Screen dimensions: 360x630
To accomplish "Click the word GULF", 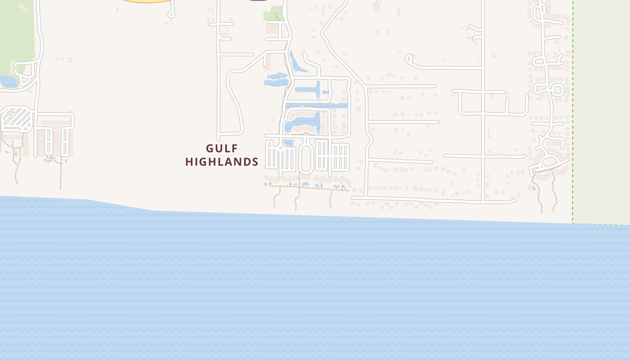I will coord(221,148).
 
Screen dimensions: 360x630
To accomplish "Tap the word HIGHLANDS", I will coord(222,162).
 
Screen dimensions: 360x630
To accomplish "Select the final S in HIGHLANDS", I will coord(255,162).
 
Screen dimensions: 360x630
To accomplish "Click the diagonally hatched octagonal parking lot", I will coord(17,120).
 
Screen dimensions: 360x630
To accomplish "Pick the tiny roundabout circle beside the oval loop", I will coord(280,148).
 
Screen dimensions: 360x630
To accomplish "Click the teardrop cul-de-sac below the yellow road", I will coord(171,14).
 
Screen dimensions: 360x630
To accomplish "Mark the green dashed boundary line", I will coord(573,112).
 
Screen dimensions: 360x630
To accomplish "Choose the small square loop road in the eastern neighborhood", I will coord(558,90).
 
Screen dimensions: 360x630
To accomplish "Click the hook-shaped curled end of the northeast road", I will coord(409,59).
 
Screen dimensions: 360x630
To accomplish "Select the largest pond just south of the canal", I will coord(304,122).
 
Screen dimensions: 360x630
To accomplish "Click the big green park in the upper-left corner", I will coord(17,31).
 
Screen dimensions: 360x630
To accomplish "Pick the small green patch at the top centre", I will coord(270,14).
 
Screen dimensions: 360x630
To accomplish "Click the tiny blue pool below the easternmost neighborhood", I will coord(534,187).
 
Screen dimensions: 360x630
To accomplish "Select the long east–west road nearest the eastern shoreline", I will coord(432,199).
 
